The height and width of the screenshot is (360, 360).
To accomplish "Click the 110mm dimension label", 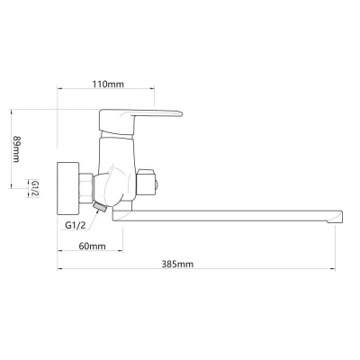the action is pyautogui.click(x=108, y=85).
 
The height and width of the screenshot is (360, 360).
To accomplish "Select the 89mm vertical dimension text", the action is pyautogui.click(x=16, y=149).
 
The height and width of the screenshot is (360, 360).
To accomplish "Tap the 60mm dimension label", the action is pyautogui.click(x=92, y=247).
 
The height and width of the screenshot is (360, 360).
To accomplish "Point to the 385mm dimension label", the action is pyautogui.click(x=177, y=265).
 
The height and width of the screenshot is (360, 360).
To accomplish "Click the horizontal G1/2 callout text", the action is pyautogui.click(x=76, y=225).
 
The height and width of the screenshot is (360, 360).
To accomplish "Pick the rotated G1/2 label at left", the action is pyautogui.click(x=35, y=189).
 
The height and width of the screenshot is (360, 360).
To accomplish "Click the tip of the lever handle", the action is pyautogui.click(x=181, y=113).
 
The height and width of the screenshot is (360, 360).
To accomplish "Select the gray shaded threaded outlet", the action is pyautogui.click(x=100, y=207).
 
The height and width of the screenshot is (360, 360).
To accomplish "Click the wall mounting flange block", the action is pyautogui.click(x=68, y=189).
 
